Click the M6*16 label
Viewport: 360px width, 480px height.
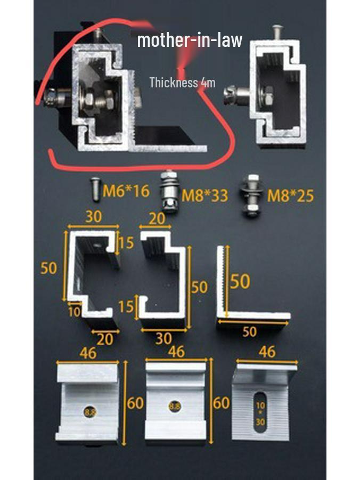126,191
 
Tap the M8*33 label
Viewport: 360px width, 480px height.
205,196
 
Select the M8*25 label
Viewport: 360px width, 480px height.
291,196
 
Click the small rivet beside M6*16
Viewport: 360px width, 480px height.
96,189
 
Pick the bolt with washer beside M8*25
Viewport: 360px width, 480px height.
252,196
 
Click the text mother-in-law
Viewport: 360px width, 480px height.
190,40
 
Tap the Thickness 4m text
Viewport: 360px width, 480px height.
183,83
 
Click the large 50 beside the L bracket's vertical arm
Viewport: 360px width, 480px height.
240,282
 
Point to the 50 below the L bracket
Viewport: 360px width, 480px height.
249,331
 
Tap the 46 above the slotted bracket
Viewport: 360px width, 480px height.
267,352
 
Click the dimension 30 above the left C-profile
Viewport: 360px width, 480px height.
93,217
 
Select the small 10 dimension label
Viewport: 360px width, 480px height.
75,312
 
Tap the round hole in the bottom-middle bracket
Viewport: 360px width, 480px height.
175,406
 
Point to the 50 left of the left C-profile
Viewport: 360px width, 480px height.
48,268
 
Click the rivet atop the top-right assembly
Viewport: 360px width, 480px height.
277,32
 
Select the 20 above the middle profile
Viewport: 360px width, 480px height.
157,218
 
